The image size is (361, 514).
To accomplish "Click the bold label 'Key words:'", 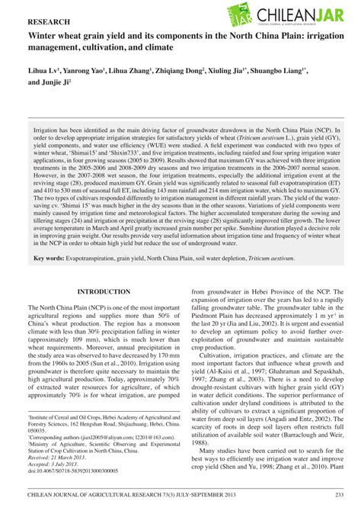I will click(x=49, y=259).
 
